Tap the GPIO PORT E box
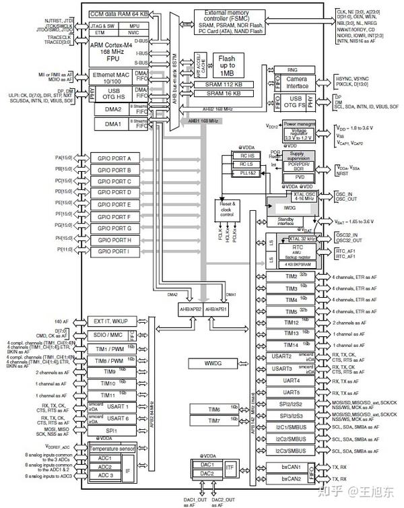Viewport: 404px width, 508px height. (114, 203)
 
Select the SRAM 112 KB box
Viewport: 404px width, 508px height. (235, 84)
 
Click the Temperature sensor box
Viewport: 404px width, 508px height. (113, 448)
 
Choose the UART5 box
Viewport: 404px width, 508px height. (291, 392)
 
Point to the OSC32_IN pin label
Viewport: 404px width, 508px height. (347, 236)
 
